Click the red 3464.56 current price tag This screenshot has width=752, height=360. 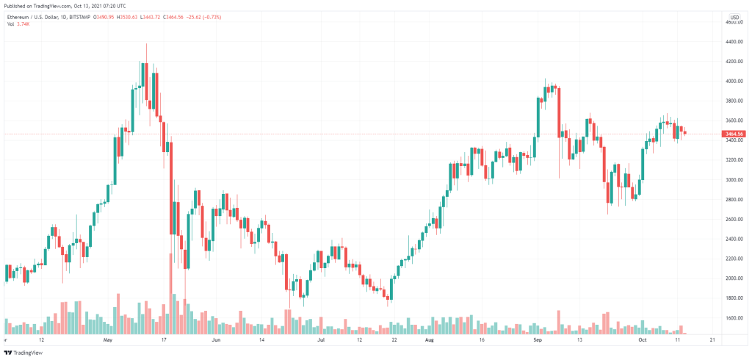(734, 134)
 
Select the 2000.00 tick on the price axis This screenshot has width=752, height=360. (734, 278)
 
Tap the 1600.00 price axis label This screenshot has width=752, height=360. (734, 318)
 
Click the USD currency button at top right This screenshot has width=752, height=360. (733, 16)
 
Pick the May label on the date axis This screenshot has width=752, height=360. (109, 341)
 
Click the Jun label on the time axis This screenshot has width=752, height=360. (216, 341)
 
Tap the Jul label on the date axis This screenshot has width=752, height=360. (320, 341)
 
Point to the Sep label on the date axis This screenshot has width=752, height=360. (537, 341)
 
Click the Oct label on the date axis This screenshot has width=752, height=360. (642, 341)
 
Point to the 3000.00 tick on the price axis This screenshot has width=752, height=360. (734, 180)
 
